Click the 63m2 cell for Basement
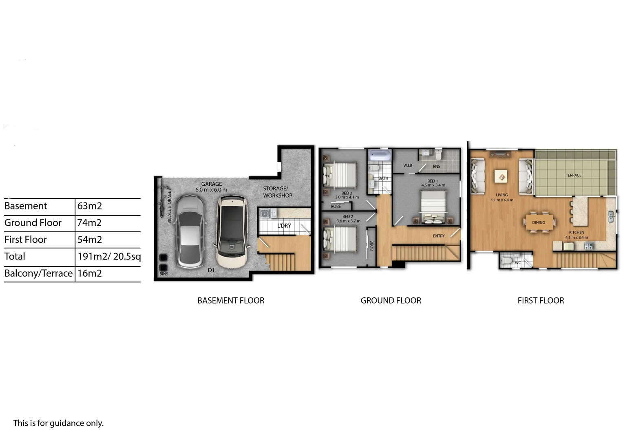[x=90, y=206]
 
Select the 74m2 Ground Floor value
[x=90, y=223]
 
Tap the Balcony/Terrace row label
[x=38, y=273]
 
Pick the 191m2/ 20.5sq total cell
[x=109, y=257]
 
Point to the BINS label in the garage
[x=164, y=274]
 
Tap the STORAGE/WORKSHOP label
[x=277, y=192]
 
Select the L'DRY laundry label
[x=284, y=226]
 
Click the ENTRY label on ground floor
[x=439, y=236]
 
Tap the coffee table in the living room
[x=501, y=177]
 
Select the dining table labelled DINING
[x=539, y=222]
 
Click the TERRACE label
[x=573, y=175]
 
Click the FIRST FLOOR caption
[x=541, y=301]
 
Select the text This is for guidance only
[x=58, y=423]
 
